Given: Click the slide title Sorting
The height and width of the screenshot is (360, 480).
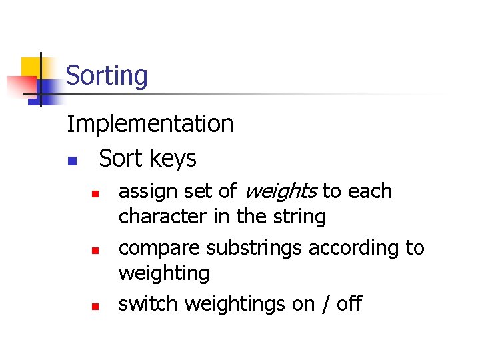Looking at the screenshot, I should coord(107,75).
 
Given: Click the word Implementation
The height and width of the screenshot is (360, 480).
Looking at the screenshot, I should coord(150,124).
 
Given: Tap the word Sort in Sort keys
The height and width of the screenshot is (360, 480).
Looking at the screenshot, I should coord(121,158).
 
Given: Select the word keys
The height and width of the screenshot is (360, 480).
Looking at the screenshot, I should coord(173,159).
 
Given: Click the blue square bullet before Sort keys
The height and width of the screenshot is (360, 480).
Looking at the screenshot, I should coord(72,161).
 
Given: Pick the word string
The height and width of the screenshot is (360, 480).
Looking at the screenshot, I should coord(303,217).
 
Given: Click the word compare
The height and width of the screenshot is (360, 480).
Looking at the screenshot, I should coord(159,249).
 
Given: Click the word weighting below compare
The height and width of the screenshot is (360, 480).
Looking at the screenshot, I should coord(163,273).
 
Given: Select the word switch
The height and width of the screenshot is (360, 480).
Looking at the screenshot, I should coord(148,304).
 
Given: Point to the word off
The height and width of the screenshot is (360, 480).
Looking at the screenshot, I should coord(349,304).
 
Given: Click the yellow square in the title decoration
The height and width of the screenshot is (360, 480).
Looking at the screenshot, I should coord(31,67).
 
